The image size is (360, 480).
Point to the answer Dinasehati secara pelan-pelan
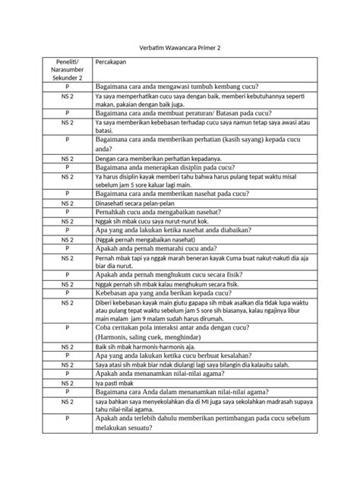tap(134, 203)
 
